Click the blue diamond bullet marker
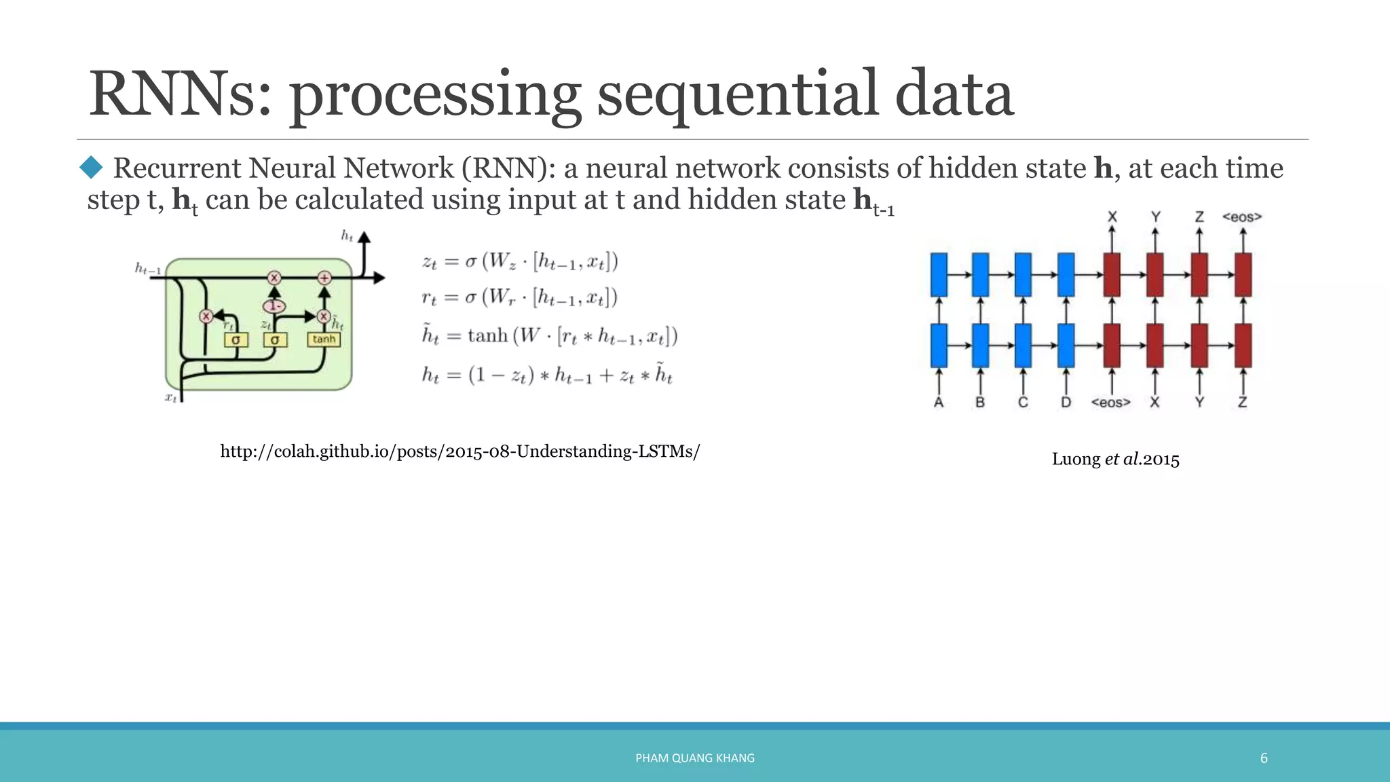click(91, 167)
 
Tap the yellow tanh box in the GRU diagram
click(324, 339)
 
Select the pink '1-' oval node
click(274, 306)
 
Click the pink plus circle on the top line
click(324, 278)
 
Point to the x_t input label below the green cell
click(171, 397)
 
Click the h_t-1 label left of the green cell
click(148, 269)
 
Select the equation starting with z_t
click(519, 261)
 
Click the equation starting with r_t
click(519, 297)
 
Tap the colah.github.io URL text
click(459, 451)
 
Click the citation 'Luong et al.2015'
click(1115, 460)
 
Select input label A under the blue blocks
click(939, 403)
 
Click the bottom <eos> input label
click(1110, 403)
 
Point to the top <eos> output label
click(1241, 217)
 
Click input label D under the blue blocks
click(1066, 403)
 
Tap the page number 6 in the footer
click(1263, 758)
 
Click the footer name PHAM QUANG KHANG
click(694, 758)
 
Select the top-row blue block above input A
click(939, 275)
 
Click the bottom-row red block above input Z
click(1242, 346)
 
